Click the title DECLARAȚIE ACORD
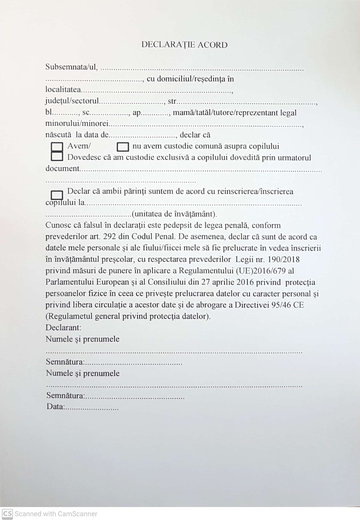(184, 45)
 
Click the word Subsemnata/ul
(71, 67)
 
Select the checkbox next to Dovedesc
(57, 156)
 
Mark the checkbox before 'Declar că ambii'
(57, 195)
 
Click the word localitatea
(63, 90)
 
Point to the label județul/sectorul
(72, 101)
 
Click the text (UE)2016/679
(261, 271)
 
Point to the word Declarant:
(63, 328)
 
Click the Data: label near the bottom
(55, 407)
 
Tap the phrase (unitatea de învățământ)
(174, 214)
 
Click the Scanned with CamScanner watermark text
(56, 514)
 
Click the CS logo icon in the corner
(7, 514)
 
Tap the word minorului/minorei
(77, 124)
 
